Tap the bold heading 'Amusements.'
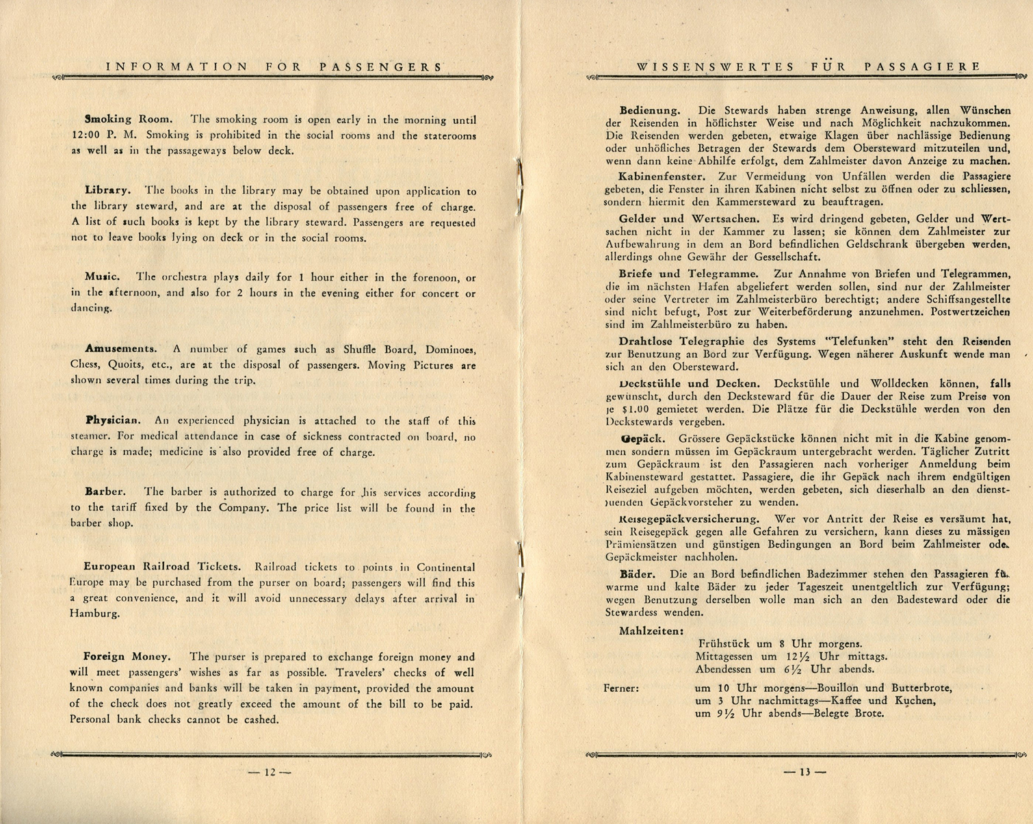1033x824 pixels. [x=121, y=348]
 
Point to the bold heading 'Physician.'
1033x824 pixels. [x=113, y=420]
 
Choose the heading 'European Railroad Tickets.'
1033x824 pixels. [x=162, y=567]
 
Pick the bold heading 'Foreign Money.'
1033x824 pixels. [x=127, y=656]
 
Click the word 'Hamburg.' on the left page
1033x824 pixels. [x=95, y=614]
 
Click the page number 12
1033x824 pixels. [x=270, y=772]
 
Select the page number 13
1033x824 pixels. [x=805, y=772]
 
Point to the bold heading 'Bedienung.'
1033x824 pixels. [x=650, y=110]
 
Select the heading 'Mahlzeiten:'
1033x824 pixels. [x=651, y=630]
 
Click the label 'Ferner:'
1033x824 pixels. [x=621, y=688]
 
